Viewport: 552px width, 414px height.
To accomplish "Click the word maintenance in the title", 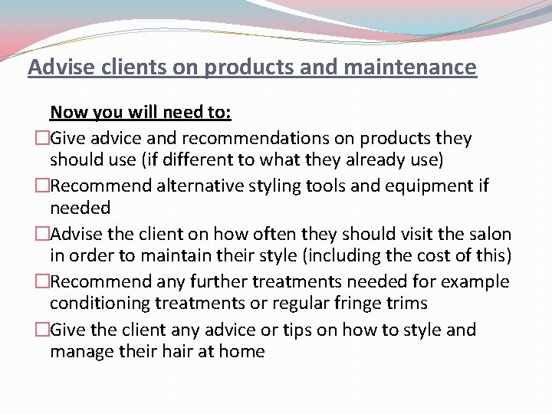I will click(410, 67).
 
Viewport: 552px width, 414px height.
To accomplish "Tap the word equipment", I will click(413, 186).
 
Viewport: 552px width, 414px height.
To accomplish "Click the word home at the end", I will click(242, 352).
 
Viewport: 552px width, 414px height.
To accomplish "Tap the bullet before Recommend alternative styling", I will click(42, 186).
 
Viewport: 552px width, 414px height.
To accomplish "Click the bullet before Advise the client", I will click(42, 234).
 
